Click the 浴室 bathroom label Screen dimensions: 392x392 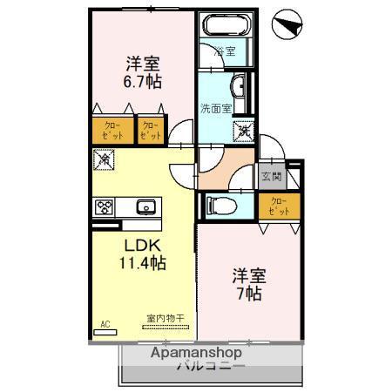pos(225,51)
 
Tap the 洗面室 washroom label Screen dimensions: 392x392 pos(214,108)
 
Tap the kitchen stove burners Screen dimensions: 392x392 pos(105,207)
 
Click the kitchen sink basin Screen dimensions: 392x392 pos(145,207)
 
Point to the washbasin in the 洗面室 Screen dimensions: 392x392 pos(238,84)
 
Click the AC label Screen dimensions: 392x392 pos(105,324)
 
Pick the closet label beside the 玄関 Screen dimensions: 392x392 pos(278,206)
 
